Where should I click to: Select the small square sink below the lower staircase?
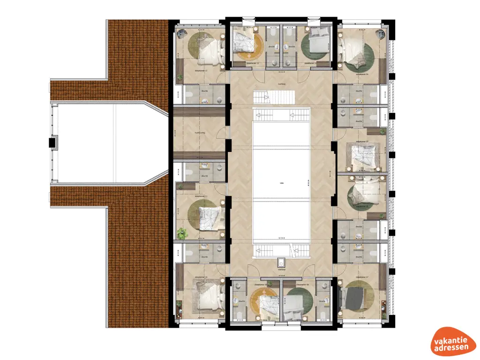[x=282, y=263]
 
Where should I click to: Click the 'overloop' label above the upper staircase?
[x=282, y=85]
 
